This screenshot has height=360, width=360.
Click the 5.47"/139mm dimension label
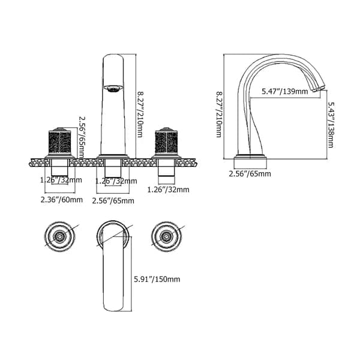285,92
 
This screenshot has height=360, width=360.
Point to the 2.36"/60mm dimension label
61,200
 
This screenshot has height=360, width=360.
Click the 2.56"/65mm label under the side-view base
250,174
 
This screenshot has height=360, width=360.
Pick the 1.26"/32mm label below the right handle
169,190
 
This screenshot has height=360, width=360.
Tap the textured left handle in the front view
60,144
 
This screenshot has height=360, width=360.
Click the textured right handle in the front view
166,144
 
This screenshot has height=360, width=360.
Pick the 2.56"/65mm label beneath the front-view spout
113,200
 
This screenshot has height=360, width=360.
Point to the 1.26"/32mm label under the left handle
61,179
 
